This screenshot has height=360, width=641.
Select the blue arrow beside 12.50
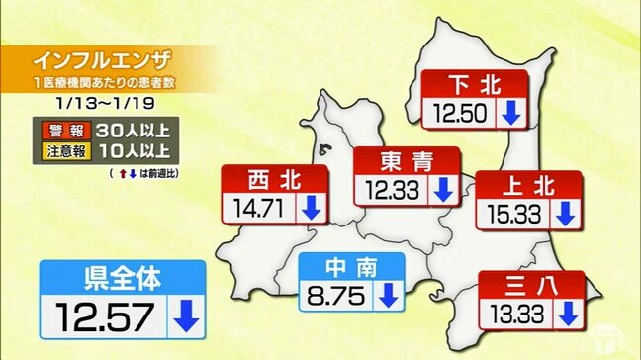(x=510, y=113)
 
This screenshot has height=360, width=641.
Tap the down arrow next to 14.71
(x=311, y=207)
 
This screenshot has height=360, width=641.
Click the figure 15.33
(x=512, y=213)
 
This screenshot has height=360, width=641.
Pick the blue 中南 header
(x=351, y=266)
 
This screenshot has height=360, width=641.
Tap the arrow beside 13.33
(x=567, y=315)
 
